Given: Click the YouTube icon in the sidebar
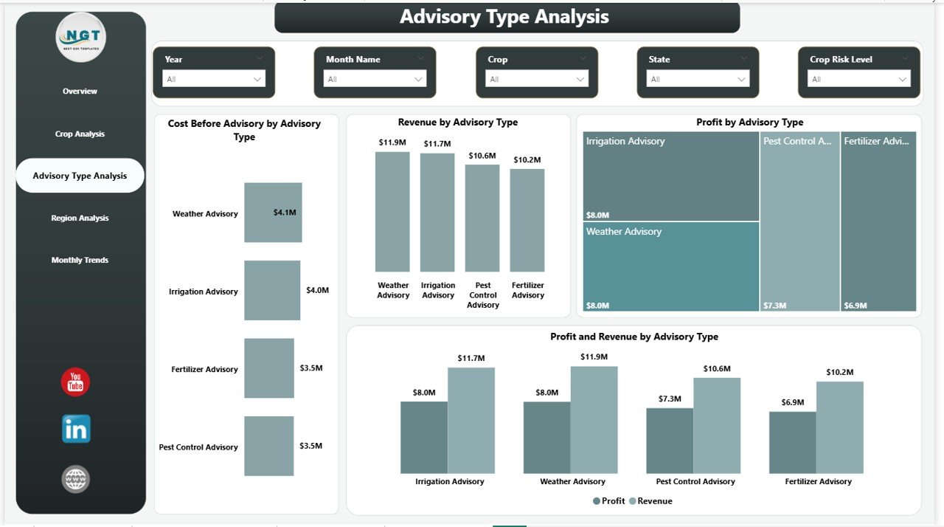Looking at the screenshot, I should point(75,382).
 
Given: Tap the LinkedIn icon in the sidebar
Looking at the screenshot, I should point(76,429).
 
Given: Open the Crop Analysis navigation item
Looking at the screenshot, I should point(80,134).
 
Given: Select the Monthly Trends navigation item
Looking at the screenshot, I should point(80,260).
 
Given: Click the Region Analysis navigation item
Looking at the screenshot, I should point(80,218).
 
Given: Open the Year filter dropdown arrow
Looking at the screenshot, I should point(257,79).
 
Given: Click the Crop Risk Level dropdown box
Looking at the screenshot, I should point(859,79).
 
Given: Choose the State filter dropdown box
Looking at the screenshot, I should point(698,79).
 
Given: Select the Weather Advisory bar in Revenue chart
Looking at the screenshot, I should point(392,211).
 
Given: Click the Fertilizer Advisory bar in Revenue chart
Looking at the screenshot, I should point(527,220).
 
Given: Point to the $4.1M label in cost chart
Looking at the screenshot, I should point(285,213).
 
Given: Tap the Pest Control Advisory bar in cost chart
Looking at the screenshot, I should point(269,446).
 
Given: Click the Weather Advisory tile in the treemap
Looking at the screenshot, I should point(670,266).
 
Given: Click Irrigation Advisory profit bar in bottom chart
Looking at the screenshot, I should point(424,437).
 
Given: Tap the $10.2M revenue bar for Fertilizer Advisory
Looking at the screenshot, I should point(839,427).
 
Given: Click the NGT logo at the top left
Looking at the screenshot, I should point(80,37).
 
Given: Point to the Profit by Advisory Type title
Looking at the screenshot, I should point(749,123).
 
